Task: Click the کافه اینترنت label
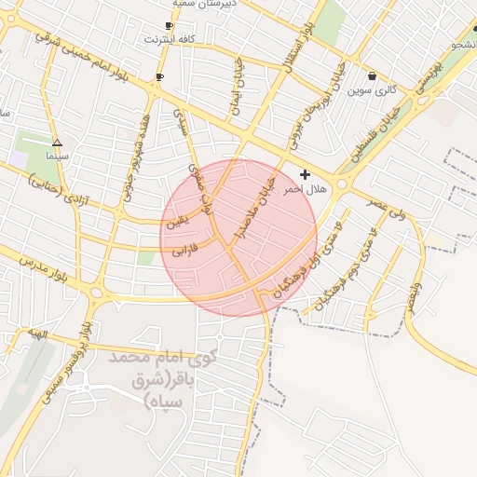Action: point(170,40)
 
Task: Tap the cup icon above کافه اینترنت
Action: point(169,25)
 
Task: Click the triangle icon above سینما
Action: point(58,143)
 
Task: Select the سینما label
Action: point(58,156)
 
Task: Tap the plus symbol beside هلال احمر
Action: point(305,174)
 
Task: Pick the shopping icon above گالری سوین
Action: point(373,76)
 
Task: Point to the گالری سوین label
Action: point(373,90)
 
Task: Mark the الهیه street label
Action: point(36,333)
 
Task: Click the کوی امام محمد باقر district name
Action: point(164,377)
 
